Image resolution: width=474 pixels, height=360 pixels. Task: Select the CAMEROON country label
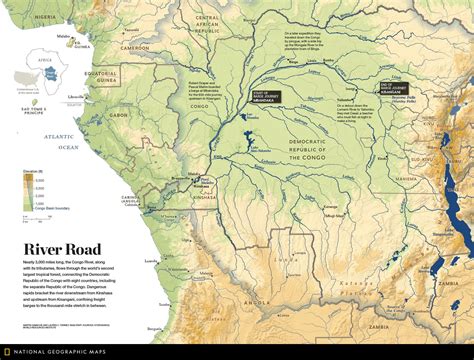[x=136, y=47]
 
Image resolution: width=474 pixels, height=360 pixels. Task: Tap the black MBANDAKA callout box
[x=265, y=98]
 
